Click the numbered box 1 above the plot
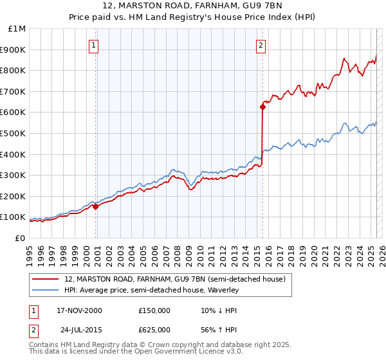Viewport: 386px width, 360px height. [94, 45]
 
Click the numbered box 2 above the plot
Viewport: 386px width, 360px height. [261, 45]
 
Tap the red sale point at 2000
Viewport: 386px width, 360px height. [96, 206]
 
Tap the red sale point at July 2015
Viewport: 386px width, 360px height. [262, 107]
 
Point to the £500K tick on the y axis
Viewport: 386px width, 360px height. [14, 133]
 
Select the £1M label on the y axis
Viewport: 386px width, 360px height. [17, 28]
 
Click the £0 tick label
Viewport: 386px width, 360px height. [20, 238]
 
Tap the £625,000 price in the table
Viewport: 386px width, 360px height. [154, 330]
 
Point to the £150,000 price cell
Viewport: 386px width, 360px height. [154, 310]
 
